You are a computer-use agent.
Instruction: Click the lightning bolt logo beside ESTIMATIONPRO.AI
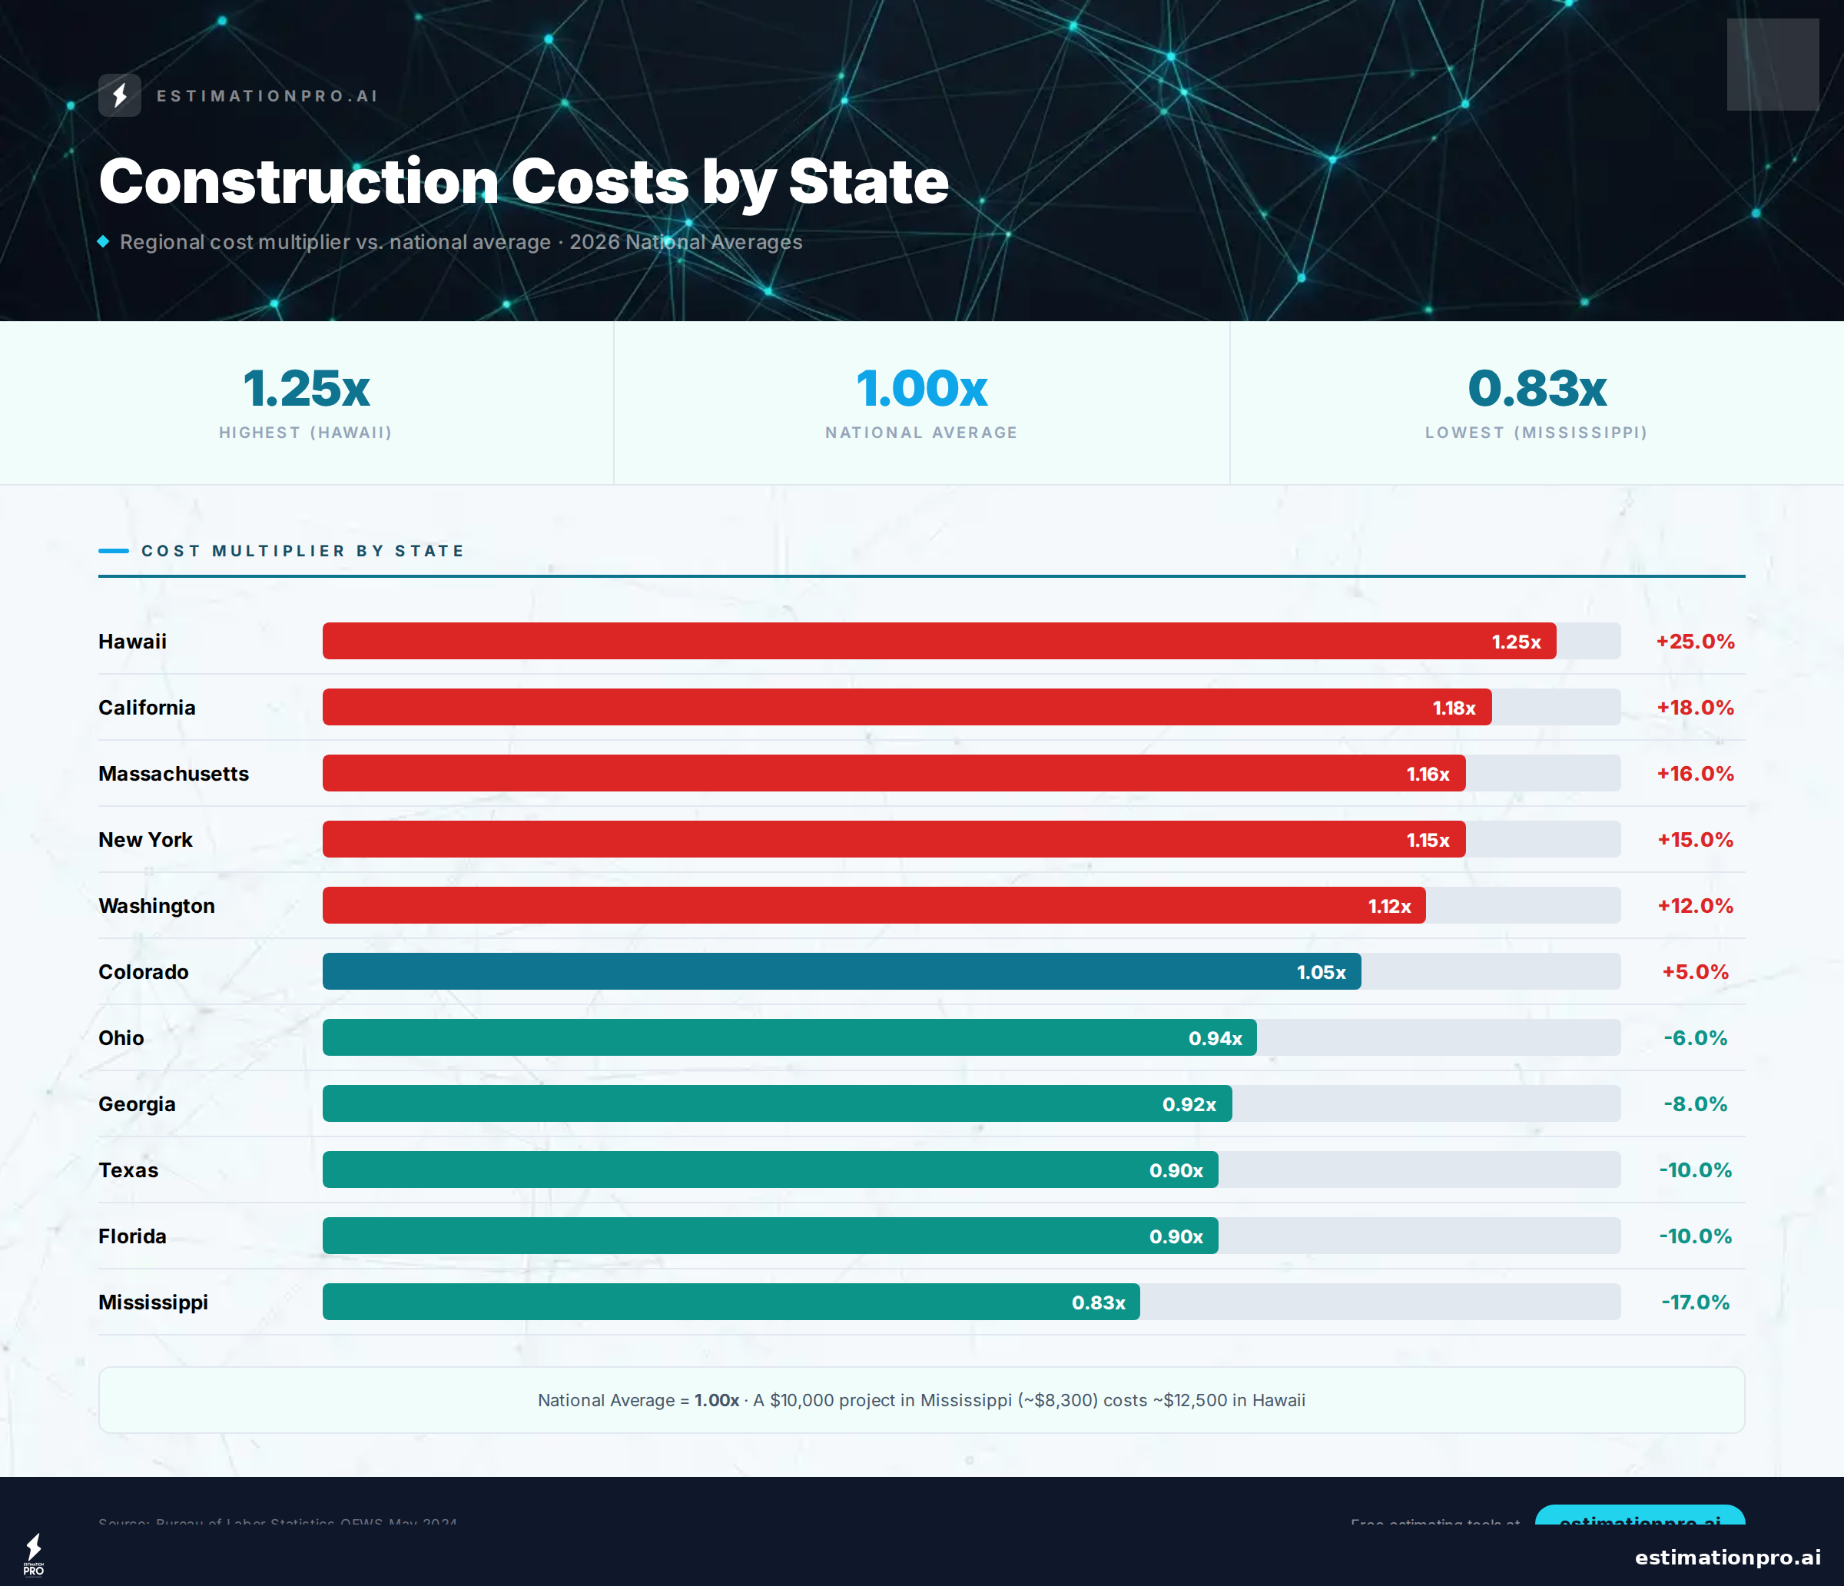click(119, 95)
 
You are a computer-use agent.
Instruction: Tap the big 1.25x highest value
click(306, 388)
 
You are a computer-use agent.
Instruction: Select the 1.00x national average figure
click(921, 388)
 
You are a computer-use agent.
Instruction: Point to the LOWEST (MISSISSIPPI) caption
click(1536, 433)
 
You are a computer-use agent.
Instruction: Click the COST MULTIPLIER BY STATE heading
click(303, 551)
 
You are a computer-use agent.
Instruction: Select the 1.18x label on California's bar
click(1454, 708)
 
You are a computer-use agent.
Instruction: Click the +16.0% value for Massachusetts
click(1694, 774)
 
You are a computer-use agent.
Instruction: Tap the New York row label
click(145, 839)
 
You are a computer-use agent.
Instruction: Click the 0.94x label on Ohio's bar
click(1215, 1038)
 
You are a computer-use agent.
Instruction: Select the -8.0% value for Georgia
click(1694, 1103)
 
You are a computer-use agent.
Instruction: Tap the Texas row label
click(128, 1170)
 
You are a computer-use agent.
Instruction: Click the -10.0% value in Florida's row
click(1694, 1236)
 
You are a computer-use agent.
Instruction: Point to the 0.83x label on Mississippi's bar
click(1098, 1302)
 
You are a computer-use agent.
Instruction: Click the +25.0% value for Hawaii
click(1694, 642)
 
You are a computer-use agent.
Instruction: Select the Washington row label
click(157, 905)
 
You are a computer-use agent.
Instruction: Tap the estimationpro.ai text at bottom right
click(1726, 1557)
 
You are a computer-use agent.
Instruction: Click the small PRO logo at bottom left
click(34, 1554)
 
